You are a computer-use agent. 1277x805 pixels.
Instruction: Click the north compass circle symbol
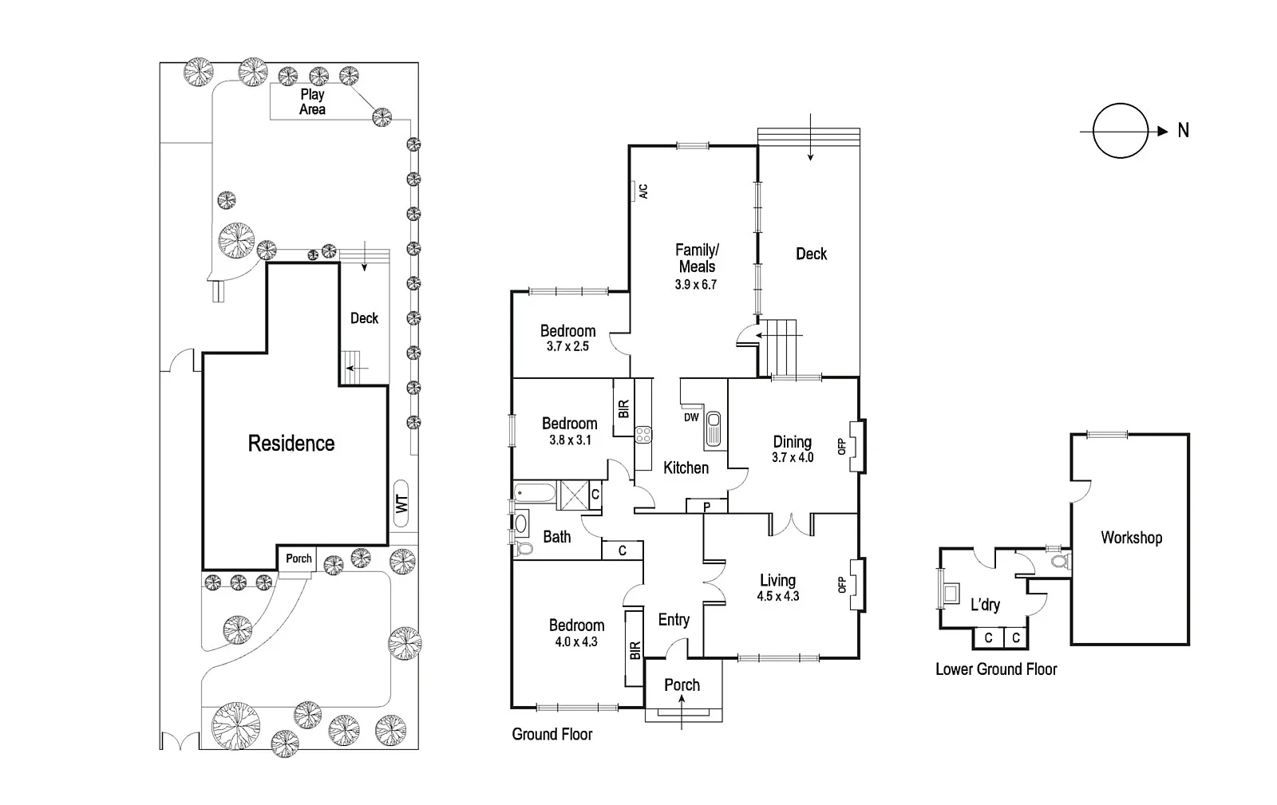click(1120, 131)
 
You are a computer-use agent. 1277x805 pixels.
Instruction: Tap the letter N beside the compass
click(1183, 131)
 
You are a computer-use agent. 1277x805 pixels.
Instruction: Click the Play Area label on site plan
click(312, 102)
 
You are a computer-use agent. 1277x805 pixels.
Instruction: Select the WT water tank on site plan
click(401, 504)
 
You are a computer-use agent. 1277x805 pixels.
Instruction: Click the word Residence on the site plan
click(291, 444)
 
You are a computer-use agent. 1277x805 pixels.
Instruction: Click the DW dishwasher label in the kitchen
click(691, 417)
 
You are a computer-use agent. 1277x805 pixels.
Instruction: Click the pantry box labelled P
click(707, 506)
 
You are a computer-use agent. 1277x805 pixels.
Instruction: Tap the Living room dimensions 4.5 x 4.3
click(778, 596)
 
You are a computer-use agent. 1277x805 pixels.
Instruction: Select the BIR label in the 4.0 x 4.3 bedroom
click(635, 650)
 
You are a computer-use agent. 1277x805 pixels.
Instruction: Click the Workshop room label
click(1131, 538)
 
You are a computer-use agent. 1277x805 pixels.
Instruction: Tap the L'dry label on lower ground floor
click(985, 605)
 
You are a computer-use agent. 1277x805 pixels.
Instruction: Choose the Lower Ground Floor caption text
click(996, 669)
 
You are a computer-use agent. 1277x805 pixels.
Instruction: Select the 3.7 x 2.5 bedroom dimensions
click(567, 346)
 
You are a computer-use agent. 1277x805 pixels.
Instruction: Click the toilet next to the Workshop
click(1058, 562)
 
